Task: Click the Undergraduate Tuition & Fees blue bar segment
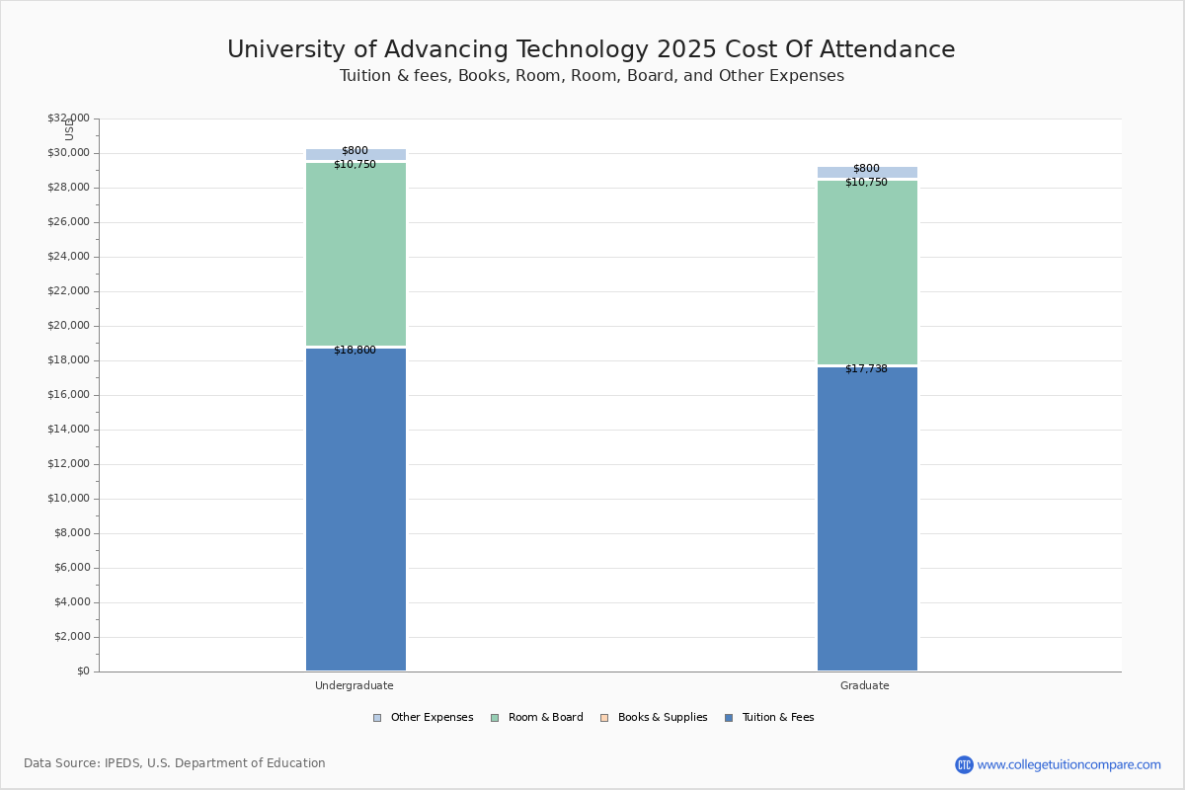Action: click(x=355, y=509)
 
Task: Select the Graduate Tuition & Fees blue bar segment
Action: click(x=867, y=518)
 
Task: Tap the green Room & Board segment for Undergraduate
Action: click(x=355, y=255)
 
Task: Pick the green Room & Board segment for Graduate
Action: click(x=867, y=273)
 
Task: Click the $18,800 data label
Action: click(x=355, y=351)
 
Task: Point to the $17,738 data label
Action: click(x=866, y=369)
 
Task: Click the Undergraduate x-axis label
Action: click(x=355, y=686)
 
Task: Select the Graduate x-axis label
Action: click(x=865, y=686)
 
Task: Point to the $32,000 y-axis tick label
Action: click(x=68, y=118)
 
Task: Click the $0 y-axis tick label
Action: click(x=82, y=671)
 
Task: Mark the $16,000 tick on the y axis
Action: click(x=68, y=395)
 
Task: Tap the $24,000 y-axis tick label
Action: click(x=68, y=257)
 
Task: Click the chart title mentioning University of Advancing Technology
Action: click(x=592, y=50)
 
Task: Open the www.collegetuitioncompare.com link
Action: click(x=1068, y=764)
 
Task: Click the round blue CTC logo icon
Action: click(x=964, y=764)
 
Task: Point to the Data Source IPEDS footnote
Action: click(x=175, y=763)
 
